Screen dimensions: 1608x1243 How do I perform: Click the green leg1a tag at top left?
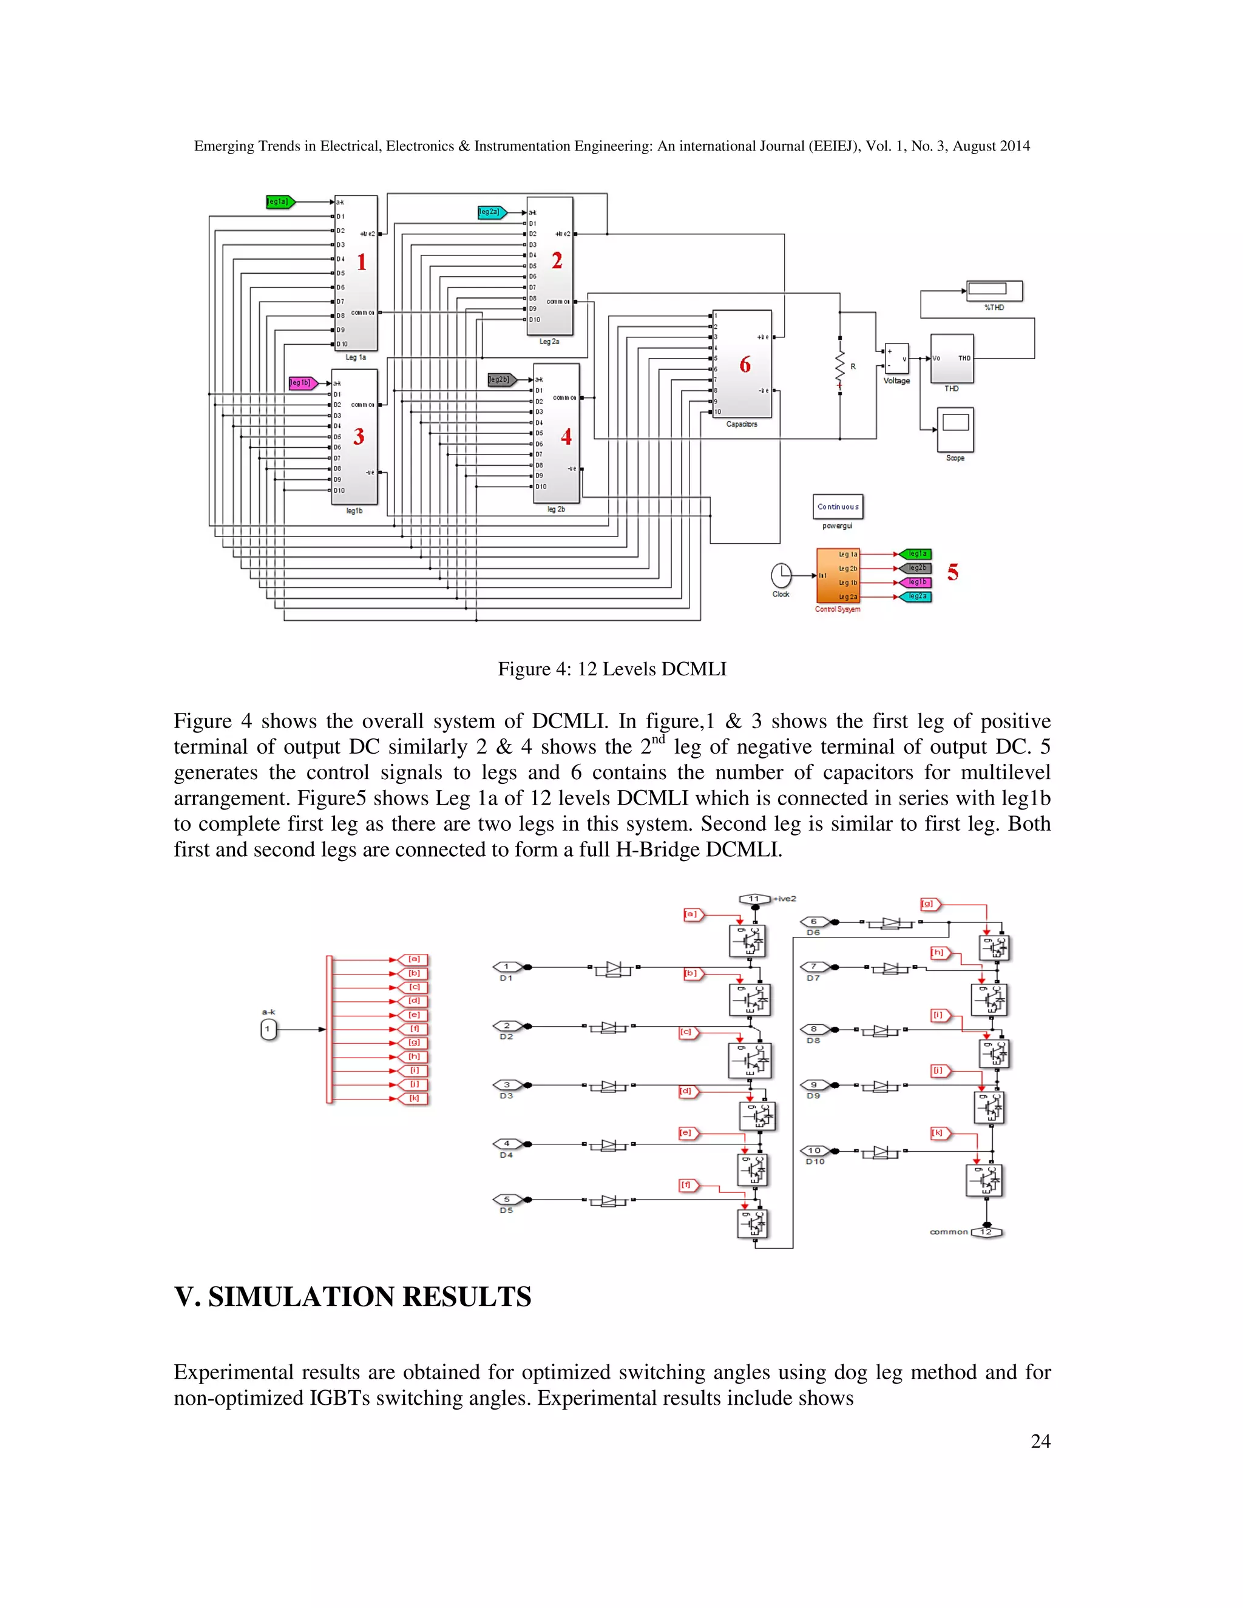(x=280, y=201)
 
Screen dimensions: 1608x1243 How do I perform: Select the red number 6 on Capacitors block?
(x=745, y=365)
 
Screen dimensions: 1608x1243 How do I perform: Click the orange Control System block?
(x=837, y=575)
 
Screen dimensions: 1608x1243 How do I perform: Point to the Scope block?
(x=955, y=430)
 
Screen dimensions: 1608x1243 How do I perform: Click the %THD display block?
(x=994, y=290)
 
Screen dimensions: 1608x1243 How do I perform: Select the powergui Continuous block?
(x=837, y=507)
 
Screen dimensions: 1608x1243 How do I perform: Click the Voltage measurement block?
(x=896, y=359)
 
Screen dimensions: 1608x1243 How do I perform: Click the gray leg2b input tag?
(x=501, y=380)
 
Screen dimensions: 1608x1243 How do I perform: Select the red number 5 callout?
(x=953, y=572)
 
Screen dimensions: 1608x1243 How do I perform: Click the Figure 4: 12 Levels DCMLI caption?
(x=612, y=669)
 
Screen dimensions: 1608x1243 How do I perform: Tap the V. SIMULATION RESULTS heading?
(x=353, y=1297)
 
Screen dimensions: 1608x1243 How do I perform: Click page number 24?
(x=1040, y=1441)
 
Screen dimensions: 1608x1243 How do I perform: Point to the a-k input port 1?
(x=269, y=1029)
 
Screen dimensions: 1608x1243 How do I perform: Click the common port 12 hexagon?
(x=986, y=1232)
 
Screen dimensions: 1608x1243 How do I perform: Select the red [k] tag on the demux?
(x=414, y=1098)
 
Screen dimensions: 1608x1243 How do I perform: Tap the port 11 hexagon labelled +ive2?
(x=754, y=898)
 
